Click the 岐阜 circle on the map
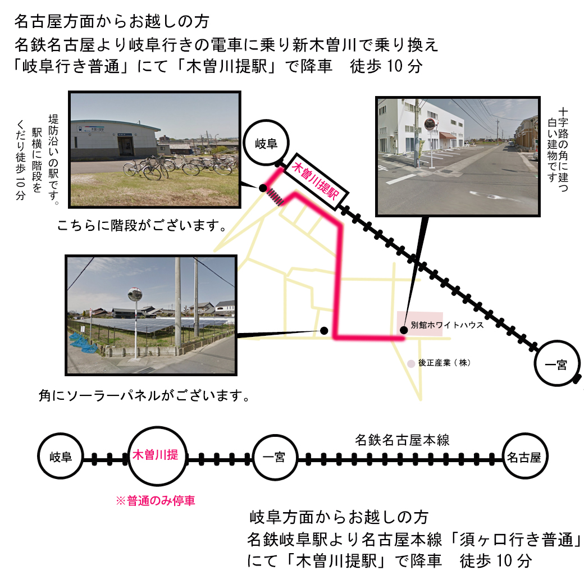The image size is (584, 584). (x=266, y=143)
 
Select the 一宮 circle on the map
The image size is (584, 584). (x=556, y=363)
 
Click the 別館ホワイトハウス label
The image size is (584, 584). (x=447, y=325)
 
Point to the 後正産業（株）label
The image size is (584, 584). (x=444, y=363)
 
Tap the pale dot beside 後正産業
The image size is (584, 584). (x=411, y=363)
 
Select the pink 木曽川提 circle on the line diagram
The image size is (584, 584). (x=157, y=456)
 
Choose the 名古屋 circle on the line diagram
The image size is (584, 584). (x=524, y=456)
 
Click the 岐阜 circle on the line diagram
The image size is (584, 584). (x=60, y=456)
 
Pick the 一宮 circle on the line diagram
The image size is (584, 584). (x=275, y=457)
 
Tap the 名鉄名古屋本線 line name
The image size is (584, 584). (x=402, y=440)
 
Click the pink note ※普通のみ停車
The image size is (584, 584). (x=156, y=500)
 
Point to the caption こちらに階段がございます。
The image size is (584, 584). (x=142, y=225)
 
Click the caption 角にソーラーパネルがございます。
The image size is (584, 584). (x=144, y=395)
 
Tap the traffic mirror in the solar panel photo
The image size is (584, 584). (x=134, y=294)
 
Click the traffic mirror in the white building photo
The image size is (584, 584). (x=430, y=125)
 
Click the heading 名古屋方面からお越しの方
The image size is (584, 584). (x=112, y=21)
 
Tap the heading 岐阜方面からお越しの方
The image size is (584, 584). (x=339, y=517)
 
